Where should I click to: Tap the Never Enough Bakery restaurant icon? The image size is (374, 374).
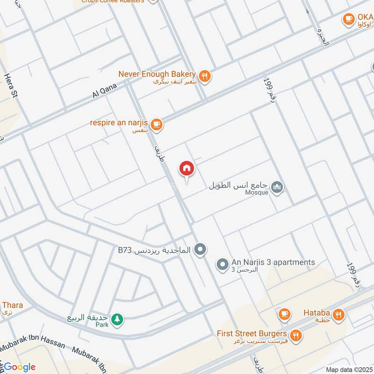[204, 75]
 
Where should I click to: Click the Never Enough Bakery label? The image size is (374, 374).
[156, 74]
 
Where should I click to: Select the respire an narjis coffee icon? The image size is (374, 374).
[156, 124]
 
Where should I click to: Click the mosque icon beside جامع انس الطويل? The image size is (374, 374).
[278, 187]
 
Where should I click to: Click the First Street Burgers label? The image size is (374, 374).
[252, 334]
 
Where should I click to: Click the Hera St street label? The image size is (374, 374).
[11, 85]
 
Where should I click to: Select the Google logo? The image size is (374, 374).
[20, 367]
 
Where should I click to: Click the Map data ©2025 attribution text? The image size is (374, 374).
[348, 370]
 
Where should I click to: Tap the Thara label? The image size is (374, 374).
[12, 305]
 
